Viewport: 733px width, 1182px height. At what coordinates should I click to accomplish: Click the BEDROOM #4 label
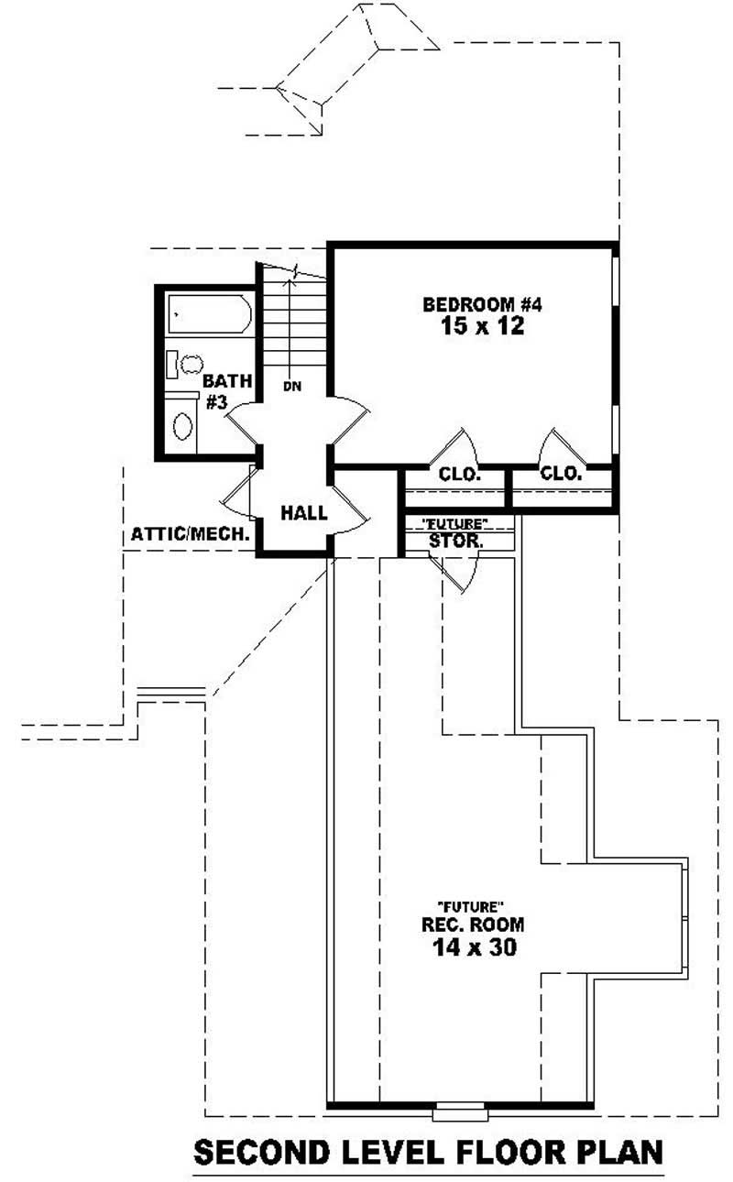pos(482,304)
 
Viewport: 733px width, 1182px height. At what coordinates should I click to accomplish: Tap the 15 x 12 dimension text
pos(482,326)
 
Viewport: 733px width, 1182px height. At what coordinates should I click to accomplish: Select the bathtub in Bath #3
pos(210,315)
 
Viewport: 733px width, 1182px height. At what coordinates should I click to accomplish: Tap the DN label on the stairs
pos(291,387)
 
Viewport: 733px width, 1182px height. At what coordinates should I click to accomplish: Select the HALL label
pos(303,514)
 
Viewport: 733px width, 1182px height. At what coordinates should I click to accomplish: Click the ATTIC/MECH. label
pos(191,533)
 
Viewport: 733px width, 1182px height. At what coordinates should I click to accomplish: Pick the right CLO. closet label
pos(561,474)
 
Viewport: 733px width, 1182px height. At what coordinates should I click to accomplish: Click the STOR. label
pos(455,542)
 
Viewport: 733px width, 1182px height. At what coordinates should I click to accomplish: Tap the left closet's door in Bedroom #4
pos(457,446)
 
